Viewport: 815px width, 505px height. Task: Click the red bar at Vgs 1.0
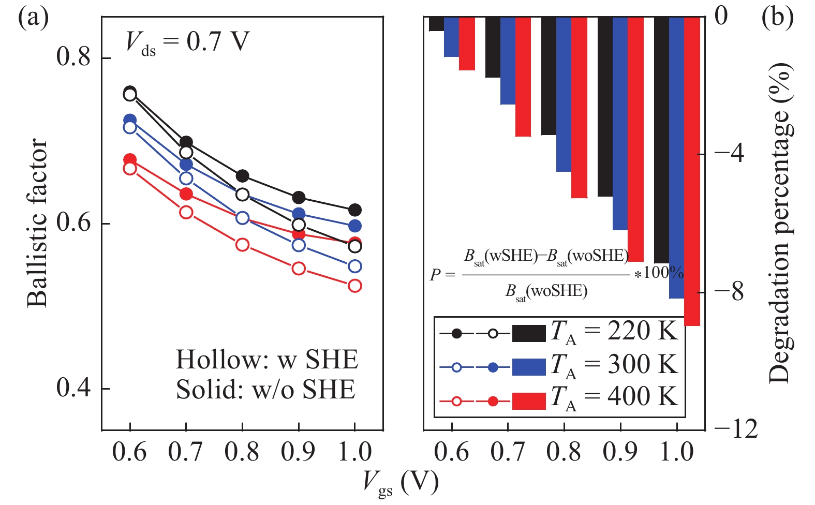(x=692, y=171)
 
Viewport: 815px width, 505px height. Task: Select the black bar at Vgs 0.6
(x=436, y=24)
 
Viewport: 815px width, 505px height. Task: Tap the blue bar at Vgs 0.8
(x=564, y=94)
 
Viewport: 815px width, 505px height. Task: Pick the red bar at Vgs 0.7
(x=523, y=77)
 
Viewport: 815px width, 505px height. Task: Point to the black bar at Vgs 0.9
(x=605, y=106)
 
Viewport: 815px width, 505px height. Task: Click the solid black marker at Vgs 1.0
(x=354, y=210)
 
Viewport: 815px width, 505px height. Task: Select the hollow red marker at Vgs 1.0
(x=354, y=286)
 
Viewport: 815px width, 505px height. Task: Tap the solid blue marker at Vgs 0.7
(x=186, y=165)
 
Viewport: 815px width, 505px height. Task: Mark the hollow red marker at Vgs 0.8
(x=242, y=245)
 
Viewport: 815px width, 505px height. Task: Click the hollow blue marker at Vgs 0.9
(x=299, y=245)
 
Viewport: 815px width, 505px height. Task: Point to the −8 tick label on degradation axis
(x=729, y=292)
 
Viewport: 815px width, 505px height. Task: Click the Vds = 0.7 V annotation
(x=187, y=41)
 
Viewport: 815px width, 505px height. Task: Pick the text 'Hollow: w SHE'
(x=266, y=360)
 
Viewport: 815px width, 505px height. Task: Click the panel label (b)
(x=777, y=18)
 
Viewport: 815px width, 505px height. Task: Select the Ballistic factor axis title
(x=37, y=222)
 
